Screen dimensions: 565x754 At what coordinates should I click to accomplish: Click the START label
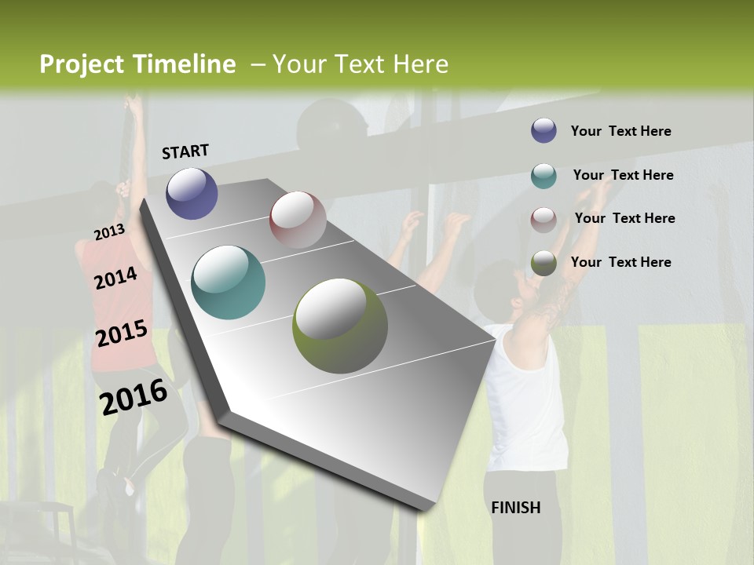[185, 151]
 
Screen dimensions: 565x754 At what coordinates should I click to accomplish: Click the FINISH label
[516, 508]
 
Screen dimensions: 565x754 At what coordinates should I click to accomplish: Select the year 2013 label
[109, 232]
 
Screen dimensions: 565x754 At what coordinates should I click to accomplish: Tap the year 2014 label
[115, 278]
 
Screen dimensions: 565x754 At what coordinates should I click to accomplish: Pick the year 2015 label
[122, 334]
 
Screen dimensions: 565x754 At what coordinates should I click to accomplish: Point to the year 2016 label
[134, 397]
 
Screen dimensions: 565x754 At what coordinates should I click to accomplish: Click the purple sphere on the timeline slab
[192, 193]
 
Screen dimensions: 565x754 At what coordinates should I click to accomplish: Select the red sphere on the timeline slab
[298, 219]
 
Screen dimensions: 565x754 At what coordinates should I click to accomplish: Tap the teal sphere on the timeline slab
[228, 282]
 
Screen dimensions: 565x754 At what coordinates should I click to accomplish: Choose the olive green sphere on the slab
[340, 325]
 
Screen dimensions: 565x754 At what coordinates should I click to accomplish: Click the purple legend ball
[544, 130]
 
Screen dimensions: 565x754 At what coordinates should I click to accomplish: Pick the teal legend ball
[544, 175]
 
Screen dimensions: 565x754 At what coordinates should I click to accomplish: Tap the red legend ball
[544, 219]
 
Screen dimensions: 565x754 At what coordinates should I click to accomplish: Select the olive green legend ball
[544, 263]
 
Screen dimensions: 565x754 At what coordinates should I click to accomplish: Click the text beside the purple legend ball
[620, 131]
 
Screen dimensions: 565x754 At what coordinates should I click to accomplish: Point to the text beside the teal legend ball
[623, 175]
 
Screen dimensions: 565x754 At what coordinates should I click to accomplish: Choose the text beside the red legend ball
[624, 218]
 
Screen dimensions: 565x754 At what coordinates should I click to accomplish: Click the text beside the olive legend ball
[620, 262]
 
